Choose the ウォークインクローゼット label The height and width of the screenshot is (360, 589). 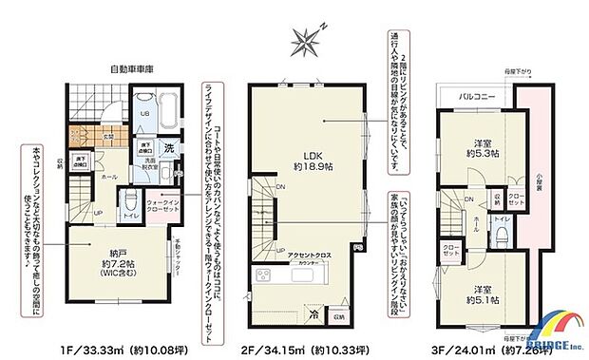coord(163,202)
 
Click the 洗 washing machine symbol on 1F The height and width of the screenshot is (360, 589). coord(168,147)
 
